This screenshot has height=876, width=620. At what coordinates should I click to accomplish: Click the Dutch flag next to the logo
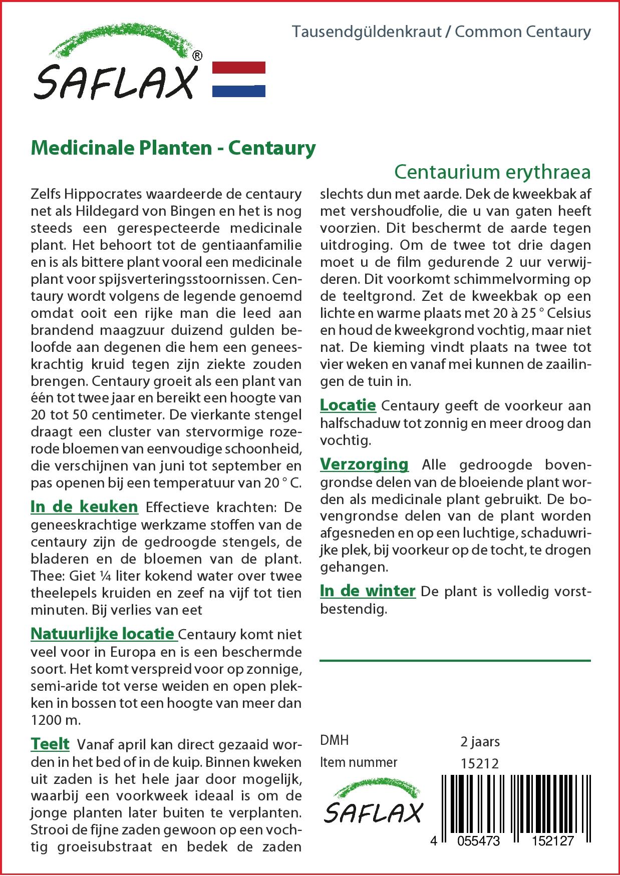point(239,79)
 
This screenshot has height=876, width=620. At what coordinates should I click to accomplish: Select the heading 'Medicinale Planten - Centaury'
point(173,148)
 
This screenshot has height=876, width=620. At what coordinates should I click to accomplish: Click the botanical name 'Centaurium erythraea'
point(492,172)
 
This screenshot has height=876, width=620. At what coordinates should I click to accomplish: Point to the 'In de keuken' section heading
point(84,507)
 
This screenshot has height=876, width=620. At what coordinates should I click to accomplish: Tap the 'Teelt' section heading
point(50,744)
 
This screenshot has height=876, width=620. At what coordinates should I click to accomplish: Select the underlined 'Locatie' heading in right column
point(348,404)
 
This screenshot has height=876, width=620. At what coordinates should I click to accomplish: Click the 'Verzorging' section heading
point(364,464)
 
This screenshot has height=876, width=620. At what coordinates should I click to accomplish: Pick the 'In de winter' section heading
point(368,591)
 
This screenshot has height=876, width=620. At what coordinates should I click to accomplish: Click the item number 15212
point(479,763)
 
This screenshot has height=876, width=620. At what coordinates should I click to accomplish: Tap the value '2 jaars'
point(480,741)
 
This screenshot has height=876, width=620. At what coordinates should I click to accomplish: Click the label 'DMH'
point(334,740)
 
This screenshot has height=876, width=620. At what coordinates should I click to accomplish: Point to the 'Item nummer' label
point(359,762)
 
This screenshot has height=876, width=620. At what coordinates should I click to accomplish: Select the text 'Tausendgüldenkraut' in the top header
point(367,32)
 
